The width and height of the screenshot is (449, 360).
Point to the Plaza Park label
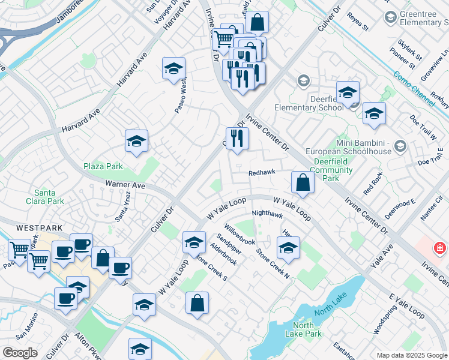(x=103, y=166)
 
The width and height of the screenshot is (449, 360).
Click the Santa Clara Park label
(x=49, y=197)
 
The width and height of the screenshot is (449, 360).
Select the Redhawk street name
(x=262, y=172)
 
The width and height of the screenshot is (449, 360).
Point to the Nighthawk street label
(x=267, y=213)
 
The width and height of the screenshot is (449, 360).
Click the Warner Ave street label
(x=125, y=185)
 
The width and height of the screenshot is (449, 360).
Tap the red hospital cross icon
(x=440, y=247)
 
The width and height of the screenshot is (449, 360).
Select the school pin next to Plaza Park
(x=136, y=142)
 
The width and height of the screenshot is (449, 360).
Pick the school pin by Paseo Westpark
(x=173, y=69)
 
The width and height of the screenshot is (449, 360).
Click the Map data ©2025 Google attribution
(x=411, y=355)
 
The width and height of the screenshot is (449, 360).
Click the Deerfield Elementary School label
(x=309, y=103)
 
